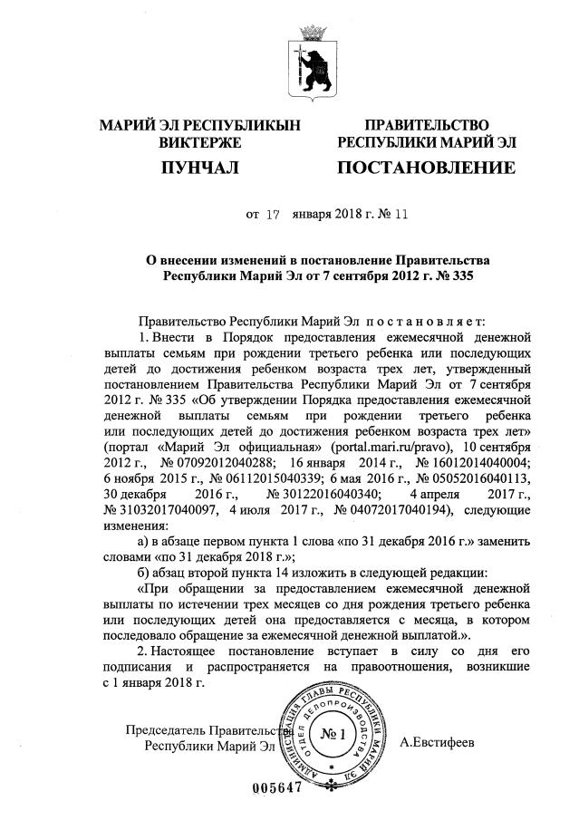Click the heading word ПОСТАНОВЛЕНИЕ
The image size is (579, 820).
[426, 168]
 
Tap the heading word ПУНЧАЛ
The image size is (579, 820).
[198, 168]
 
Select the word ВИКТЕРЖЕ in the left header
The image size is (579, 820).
[198, 142]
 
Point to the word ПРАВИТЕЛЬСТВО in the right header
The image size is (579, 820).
[426, 125]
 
